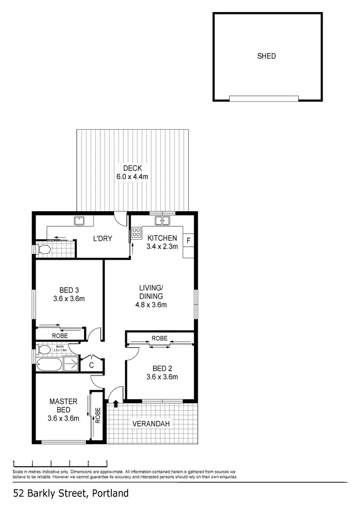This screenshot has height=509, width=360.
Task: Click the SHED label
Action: pyautogui.click(x=266, y=56)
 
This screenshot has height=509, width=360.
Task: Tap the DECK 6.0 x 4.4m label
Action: pyautogui.click(x=132, y=172)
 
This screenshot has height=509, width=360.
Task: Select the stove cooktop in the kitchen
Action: pyautogui.click(x=136, y=233)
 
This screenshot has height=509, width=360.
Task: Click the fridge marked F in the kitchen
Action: pyautogui.click(x=189, y=240)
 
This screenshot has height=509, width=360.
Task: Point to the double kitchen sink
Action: pyautogui.click(x=162, y=221)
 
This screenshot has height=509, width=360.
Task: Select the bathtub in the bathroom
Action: pyautogui.click(x=49, y=364)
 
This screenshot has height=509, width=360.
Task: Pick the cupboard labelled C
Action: pyautogui.click(x=91, y=365)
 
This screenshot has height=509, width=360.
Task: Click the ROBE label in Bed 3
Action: pyautogui.click(x=60, y=336)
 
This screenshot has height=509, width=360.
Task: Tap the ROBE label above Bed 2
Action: pyautogui.click(x=159, y=339)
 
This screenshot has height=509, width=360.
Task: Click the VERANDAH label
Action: pyautogui.click(x=151, y=424)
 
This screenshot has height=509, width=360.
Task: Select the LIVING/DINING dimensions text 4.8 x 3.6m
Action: pyautogui.click(x=151, y=304)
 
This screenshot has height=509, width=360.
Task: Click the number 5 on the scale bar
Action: pyautogui.click(x=107, y=462)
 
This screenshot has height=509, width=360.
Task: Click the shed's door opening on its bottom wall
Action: pyautogui.click(x=264, y=98)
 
